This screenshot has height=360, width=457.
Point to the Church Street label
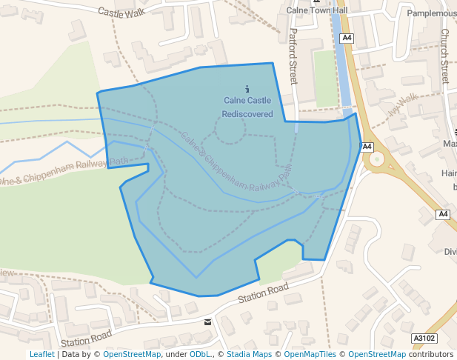(444, 56)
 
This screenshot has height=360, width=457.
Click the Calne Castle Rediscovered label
(247, 107)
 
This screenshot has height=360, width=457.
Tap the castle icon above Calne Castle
(247, 90)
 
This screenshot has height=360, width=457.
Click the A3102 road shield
(423, 338)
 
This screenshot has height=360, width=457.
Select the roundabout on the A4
(378, 158)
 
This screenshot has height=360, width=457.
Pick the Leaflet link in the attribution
(41, 354)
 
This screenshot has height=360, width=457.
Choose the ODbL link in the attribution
(200, 354)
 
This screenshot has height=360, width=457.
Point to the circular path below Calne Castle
(230, 130)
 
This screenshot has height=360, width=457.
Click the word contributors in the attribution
(431, 354)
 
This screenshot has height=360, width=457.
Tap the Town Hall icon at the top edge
(317, 1)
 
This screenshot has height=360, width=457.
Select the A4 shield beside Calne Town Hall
(347, 38)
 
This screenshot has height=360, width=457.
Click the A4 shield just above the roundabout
(367, 147)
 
